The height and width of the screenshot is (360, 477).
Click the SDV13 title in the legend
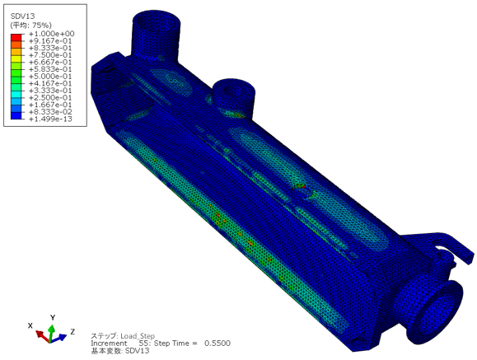pyautogui.click(x=22, y=16)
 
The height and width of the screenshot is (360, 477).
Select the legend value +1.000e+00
pyautogui.click(x=51, y=34)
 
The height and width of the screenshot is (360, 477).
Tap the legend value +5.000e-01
pyautogui.click(x=50, y=77)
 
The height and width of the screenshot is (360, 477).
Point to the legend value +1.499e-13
pyautogui.click(x=50, y=119)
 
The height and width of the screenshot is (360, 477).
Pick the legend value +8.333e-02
pyautogui.click(x=50, y=112)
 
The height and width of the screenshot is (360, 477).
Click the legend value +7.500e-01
pyautogui.click(x=50, y=55)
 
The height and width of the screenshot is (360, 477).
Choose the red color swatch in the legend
pyautogui.click(x=16, y=37)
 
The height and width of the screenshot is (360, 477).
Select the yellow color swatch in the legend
pyautogui.click(x=16, y=58)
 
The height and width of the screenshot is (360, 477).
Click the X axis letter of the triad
pyautogui.click(x=30, y=325)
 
